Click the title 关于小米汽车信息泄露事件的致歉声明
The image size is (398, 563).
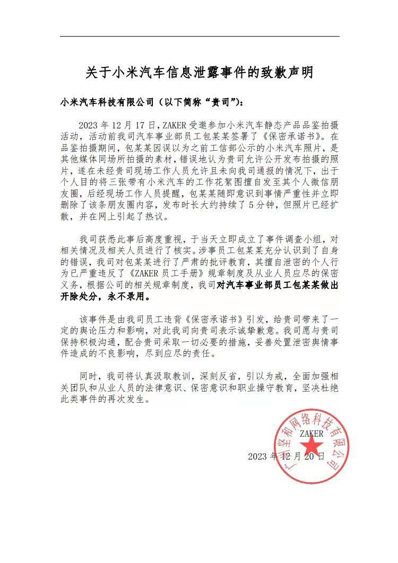coord(199,73)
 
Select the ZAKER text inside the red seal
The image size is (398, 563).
coord(312,434)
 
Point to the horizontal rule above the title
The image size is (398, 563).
coord(199,36)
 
